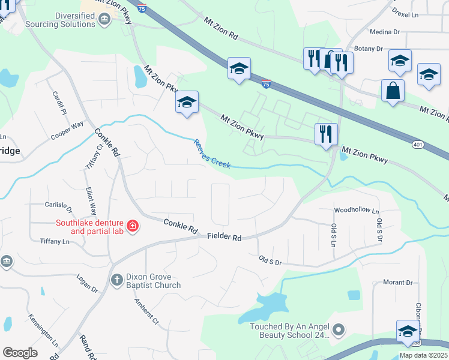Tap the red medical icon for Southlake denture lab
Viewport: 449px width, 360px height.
point(133,227)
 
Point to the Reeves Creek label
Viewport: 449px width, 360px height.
point(211,154)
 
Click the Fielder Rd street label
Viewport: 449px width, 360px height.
point(224,237)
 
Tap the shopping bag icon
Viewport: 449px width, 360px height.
point(393,91)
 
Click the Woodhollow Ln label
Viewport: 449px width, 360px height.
point(357,211)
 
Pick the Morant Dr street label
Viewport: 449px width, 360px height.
point(397,282)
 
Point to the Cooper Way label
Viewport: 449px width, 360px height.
point(67,132)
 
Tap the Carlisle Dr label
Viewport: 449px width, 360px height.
point(58,207)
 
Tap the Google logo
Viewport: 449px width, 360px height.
point(20,352)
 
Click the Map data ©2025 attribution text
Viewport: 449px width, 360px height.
point(423,355)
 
